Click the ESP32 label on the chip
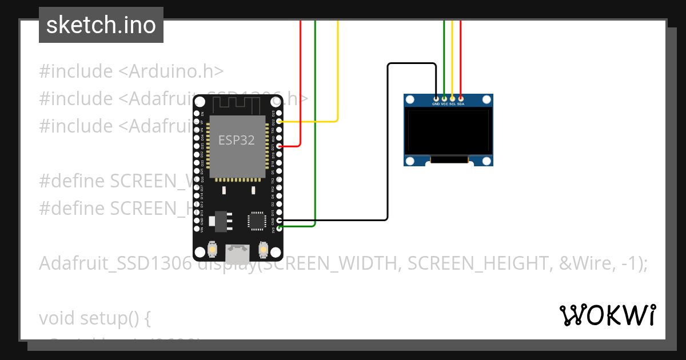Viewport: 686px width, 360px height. pos(237,140)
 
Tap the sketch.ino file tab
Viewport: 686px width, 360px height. pos(101,25)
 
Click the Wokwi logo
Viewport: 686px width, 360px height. pos(607,315)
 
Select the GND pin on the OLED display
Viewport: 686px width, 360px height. pos(436,99)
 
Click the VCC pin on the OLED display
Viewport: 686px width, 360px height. pos(444,99)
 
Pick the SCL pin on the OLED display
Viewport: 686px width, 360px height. pos(452,99)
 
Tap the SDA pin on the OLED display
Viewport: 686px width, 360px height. pos(461,99)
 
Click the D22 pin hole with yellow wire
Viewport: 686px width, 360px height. pos(280,122)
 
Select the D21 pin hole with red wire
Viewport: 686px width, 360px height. pos(280,146)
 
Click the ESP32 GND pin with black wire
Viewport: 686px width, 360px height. pos(280,220)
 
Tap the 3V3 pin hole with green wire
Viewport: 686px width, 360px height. pos(280,228)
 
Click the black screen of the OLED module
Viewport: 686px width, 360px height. pos(448,131)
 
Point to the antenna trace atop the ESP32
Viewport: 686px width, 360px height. pos(237,105)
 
